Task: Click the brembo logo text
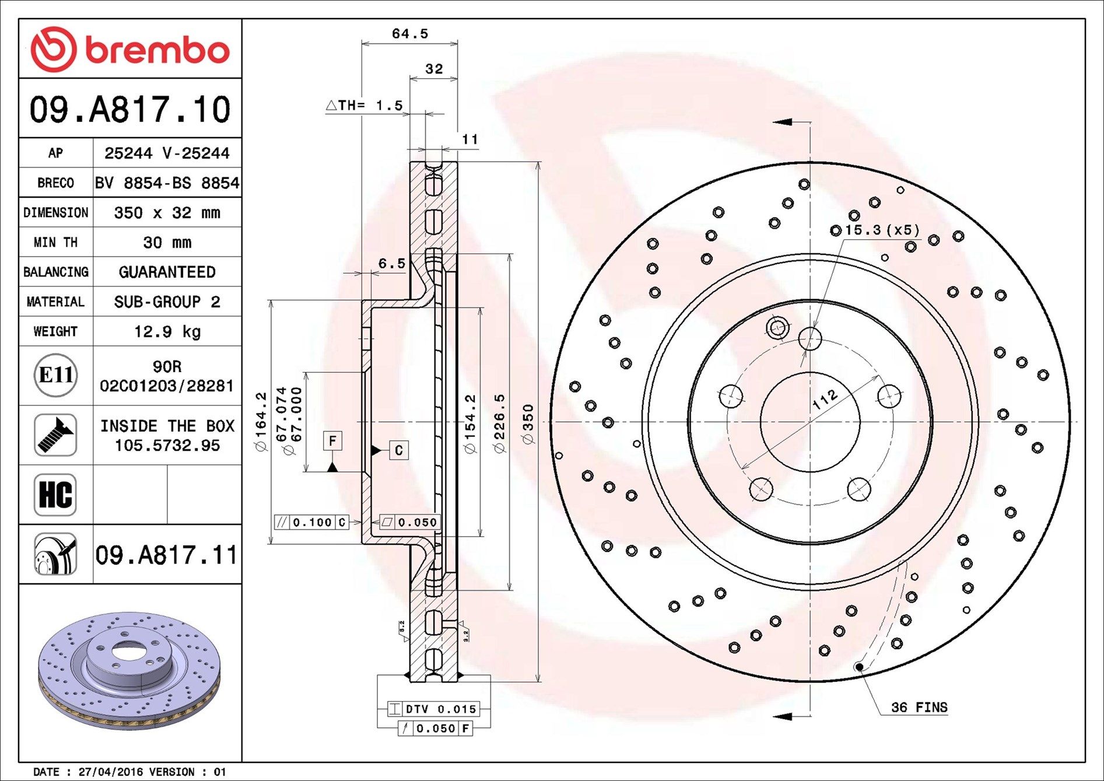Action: [157, 50]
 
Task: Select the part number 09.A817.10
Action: [130, 110]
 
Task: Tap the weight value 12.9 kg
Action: [167, 332]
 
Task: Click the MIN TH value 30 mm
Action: [167, 243]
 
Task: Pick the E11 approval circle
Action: [55, 375]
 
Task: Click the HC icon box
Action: [55, 495]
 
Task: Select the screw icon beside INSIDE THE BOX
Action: [55, 435]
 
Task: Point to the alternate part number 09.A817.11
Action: [167, 555]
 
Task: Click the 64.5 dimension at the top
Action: [409, 34]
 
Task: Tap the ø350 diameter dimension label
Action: [528, 425]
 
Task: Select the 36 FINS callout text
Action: [919, 708]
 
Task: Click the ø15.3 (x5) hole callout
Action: [875, 230]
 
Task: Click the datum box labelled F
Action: [332, 440]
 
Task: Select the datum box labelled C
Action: [399, 450]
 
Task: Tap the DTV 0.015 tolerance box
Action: [434, 709]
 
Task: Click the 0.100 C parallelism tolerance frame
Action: [311, 522]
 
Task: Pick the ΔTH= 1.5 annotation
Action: [365, 106]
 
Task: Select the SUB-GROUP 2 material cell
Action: [167, 302]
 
